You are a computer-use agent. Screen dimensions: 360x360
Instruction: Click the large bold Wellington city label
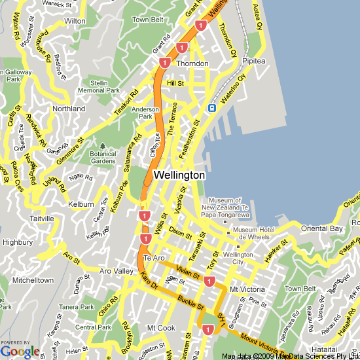(179, 175)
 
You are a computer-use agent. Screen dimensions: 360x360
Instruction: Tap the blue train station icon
(212, 108)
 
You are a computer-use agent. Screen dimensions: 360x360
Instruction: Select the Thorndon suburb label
(192, 63)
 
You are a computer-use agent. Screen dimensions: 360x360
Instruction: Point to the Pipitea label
(253, 61)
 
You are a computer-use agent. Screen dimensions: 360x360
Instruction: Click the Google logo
(20, 351)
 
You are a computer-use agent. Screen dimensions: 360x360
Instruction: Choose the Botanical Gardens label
(103, 157)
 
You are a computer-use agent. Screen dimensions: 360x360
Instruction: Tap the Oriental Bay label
(321, 228)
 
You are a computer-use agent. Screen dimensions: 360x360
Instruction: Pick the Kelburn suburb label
(81, 204)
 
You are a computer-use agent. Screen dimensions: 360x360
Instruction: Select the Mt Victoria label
(247, 289)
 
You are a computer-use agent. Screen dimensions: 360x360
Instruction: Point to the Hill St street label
(175, 84)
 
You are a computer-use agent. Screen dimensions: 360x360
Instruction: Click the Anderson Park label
(145, 113)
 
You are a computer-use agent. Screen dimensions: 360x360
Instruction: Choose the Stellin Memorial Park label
(99, 86)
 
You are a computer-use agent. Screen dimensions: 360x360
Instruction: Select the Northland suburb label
(69, 109)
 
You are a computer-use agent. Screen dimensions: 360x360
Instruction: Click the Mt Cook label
(160, 327)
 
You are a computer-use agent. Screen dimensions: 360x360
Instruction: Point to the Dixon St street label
(180, 230)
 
